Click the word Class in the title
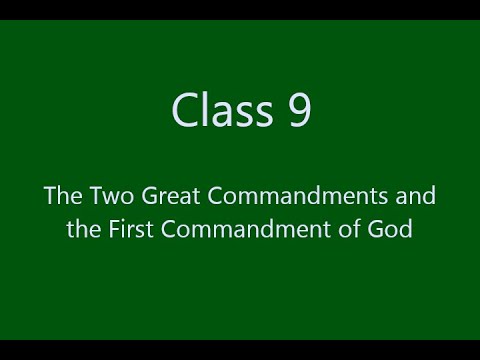click(x=219, y=110)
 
